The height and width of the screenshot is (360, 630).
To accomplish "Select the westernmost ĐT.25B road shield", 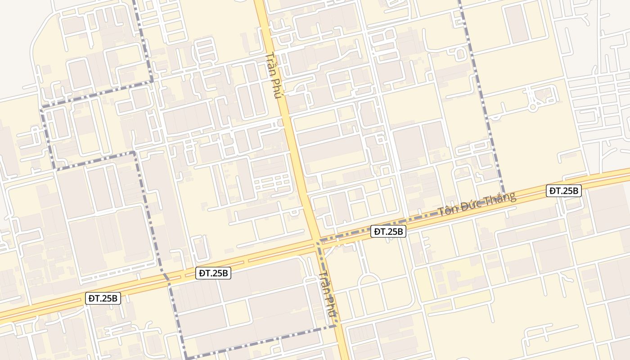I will (103, 298).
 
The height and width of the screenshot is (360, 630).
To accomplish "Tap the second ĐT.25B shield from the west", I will (214, 273).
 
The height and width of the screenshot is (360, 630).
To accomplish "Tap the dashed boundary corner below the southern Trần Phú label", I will (336, 326).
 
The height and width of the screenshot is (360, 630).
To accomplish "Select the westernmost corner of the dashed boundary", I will (42, 108).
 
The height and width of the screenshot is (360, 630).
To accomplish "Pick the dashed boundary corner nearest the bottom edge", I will (186, 358).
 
